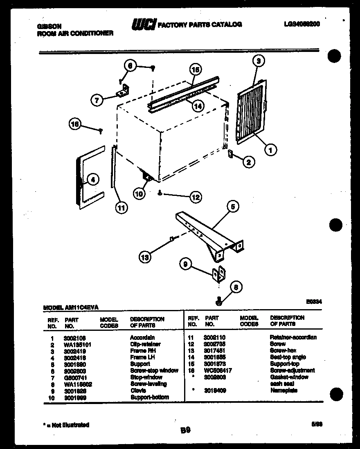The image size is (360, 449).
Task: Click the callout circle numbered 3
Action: click(x=259, y=61)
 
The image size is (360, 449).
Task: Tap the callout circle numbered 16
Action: click(x=75, y=124)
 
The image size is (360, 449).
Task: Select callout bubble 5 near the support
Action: click(x=232, y=207)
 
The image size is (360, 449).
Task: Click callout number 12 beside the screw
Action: click(x=196, y=197)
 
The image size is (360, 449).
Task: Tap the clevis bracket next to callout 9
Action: click(x=219, y=274)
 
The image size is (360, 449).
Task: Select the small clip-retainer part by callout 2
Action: click(x=230, y=154)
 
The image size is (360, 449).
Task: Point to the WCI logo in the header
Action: click(x=144, y=25)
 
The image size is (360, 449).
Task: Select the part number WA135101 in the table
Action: click(x=77, y=345)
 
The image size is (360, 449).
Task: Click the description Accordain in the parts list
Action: click(x=142, y=338)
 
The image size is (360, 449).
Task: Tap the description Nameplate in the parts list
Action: click(x=284, y=391)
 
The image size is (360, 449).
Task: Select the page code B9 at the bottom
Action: click(x=184, y=430)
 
